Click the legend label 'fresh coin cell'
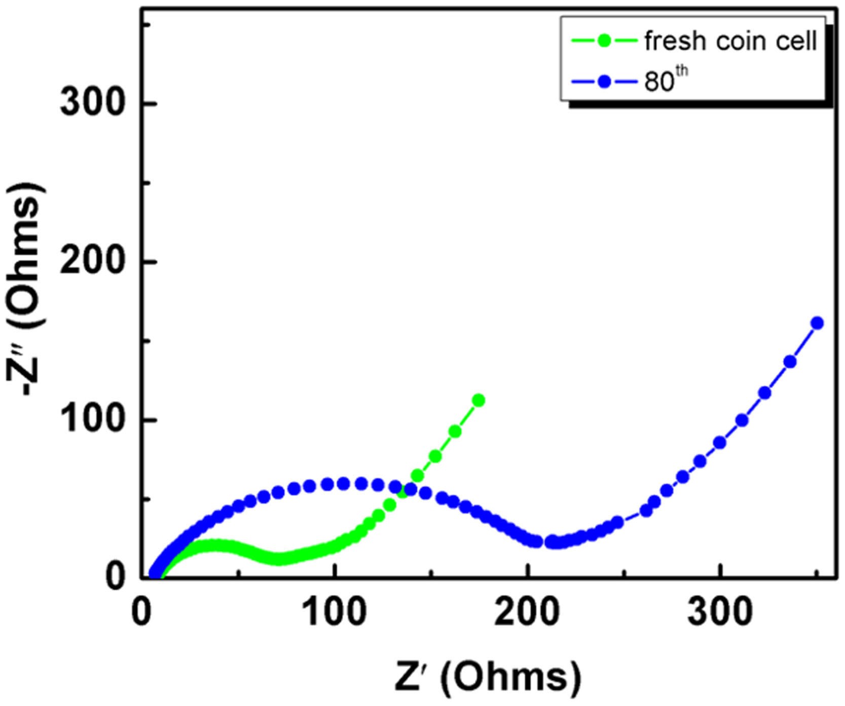tap(730, 41)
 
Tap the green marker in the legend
tap(604, 40)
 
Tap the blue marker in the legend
tap(604, 82)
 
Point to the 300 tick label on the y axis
tap(92, 103)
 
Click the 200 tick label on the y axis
tap(92, 262)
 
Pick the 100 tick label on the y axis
tap(92, 420)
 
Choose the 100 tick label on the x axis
tap(334, 612)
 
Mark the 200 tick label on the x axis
tap(527, 612)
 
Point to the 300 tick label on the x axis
tap(720, 612)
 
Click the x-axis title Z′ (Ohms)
tap(488, 677)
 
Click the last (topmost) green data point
tap(478, 400)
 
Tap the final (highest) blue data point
tap(817, 323)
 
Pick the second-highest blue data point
tap(790, 362)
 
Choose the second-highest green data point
tap(455, 431)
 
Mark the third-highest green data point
tap(435, 457)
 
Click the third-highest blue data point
tap(764, 393)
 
